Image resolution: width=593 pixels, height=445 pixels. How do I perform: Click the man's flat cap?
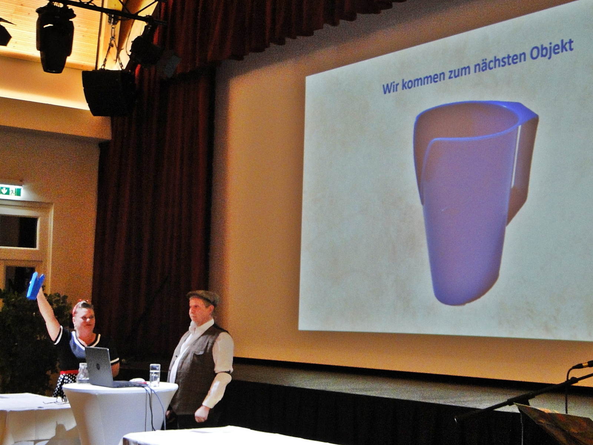tap(203, 297)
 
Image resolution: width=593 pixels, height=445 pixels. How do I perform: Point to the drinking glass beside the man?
tap(155, 375)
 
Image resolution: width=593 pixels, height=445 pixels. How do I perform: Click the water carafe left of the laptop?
tap(83, 373)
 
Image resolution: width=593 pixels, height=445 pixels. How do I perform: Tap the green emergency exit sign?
tap(11, 191)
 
